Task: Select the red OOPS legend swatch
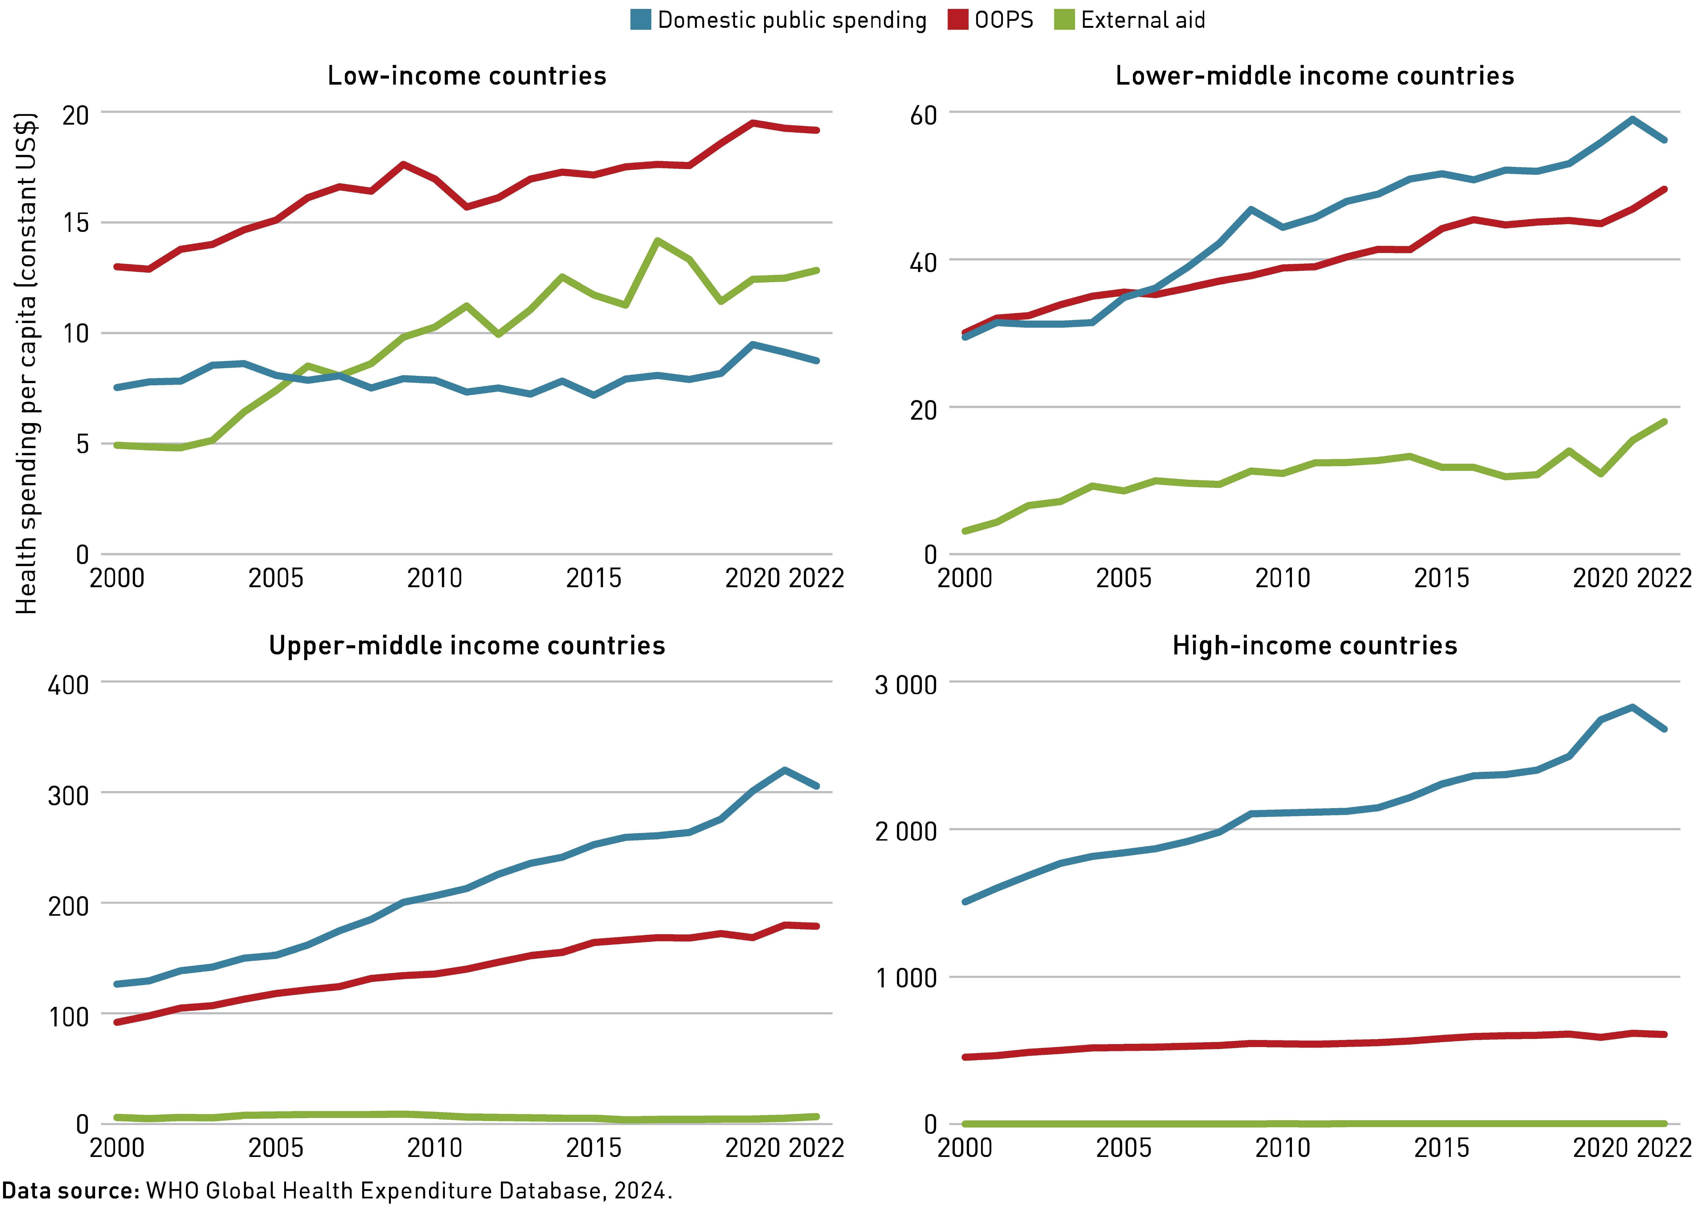958,20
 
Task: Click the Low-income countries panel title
467,76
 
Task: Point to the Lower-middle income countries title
1315,76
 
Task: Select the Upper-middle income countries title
467,646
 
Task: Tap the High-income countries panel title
1315,646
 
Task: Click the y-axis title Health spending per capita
27,364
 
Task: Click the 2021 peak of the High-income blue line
1632,707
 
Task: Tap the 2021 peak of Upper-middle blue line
785,770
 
